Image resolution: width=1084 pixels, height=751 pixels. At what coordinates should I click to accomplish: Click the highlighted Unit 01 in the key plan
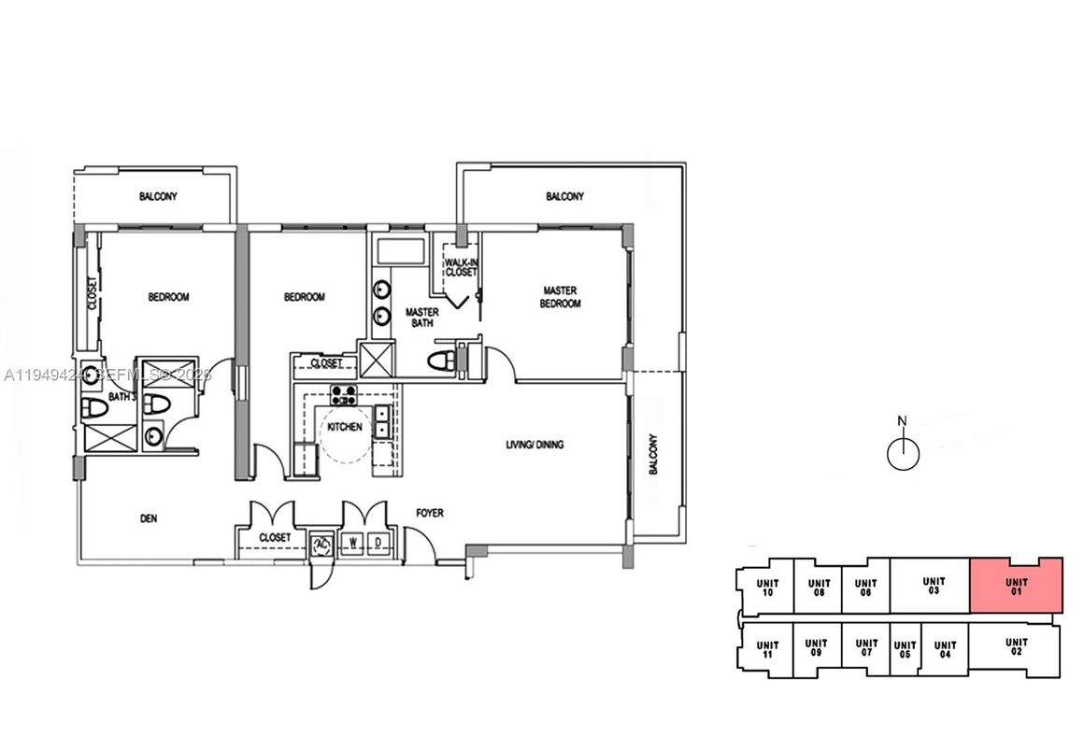pyautogui.click(x=1016, y=586)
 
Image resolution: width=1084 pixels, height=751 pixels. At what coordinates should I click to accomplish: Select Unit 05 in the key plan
pyautogui.click(x=904, y=650)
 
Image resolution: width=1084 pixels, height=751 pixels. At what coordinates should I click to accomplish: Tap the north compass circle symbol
pyautogui.click(x=903, y=454)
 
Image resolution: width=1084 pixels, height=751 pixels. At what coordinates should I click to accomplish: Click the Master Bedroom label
pyautogui.click(x=562, y=297)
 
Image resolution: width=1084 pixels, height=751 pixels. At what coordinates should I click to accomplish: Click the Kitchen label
pyautogui.click(x=343, y=427)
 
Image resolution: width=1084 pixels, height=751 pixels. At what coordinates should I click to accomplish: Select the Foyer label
pyautogui.click(x=430, y=513)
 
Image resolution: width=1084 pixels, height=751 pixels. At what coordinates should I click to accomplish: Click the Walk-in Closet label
pyautogui.click(x=461, y=267)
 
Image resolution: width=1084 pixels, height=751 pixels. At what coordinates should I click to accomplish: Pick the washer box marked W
pyautogui.click(x=353, y=543)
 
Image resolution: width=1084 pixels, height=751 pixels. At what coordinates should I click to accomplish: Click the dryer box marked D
pyautogui.click(x=378, y=543)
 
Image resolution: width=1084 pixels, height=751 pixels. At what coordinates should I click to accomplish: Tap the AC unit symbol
pyautogui.click(x=321, y=544)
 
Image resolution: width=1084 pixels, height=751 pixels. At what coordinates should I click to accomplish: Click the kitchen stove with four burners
pyautogui.click(x=342, y=393)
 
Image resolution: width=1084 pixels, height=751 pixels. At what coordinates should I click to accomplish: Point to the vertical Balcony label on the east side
pyautogui.click(x=653, y=454)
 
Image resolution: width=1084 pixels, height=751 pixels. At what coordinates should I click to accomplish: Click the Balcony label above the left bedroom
pyautogui.click(x=158, y=197)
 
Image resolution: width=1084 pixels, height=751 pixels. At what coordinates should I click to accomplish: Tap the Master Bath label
pyautogui.click(x=421, y=318)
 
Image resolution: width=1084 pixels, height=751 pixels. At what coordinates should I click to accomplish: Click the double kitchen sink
pyautogui.click(x=382, y=422)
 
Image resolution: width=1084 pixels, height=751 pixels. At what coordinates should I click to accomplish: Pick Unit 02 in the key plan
pyautogui.click(x=1016, y=647)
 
